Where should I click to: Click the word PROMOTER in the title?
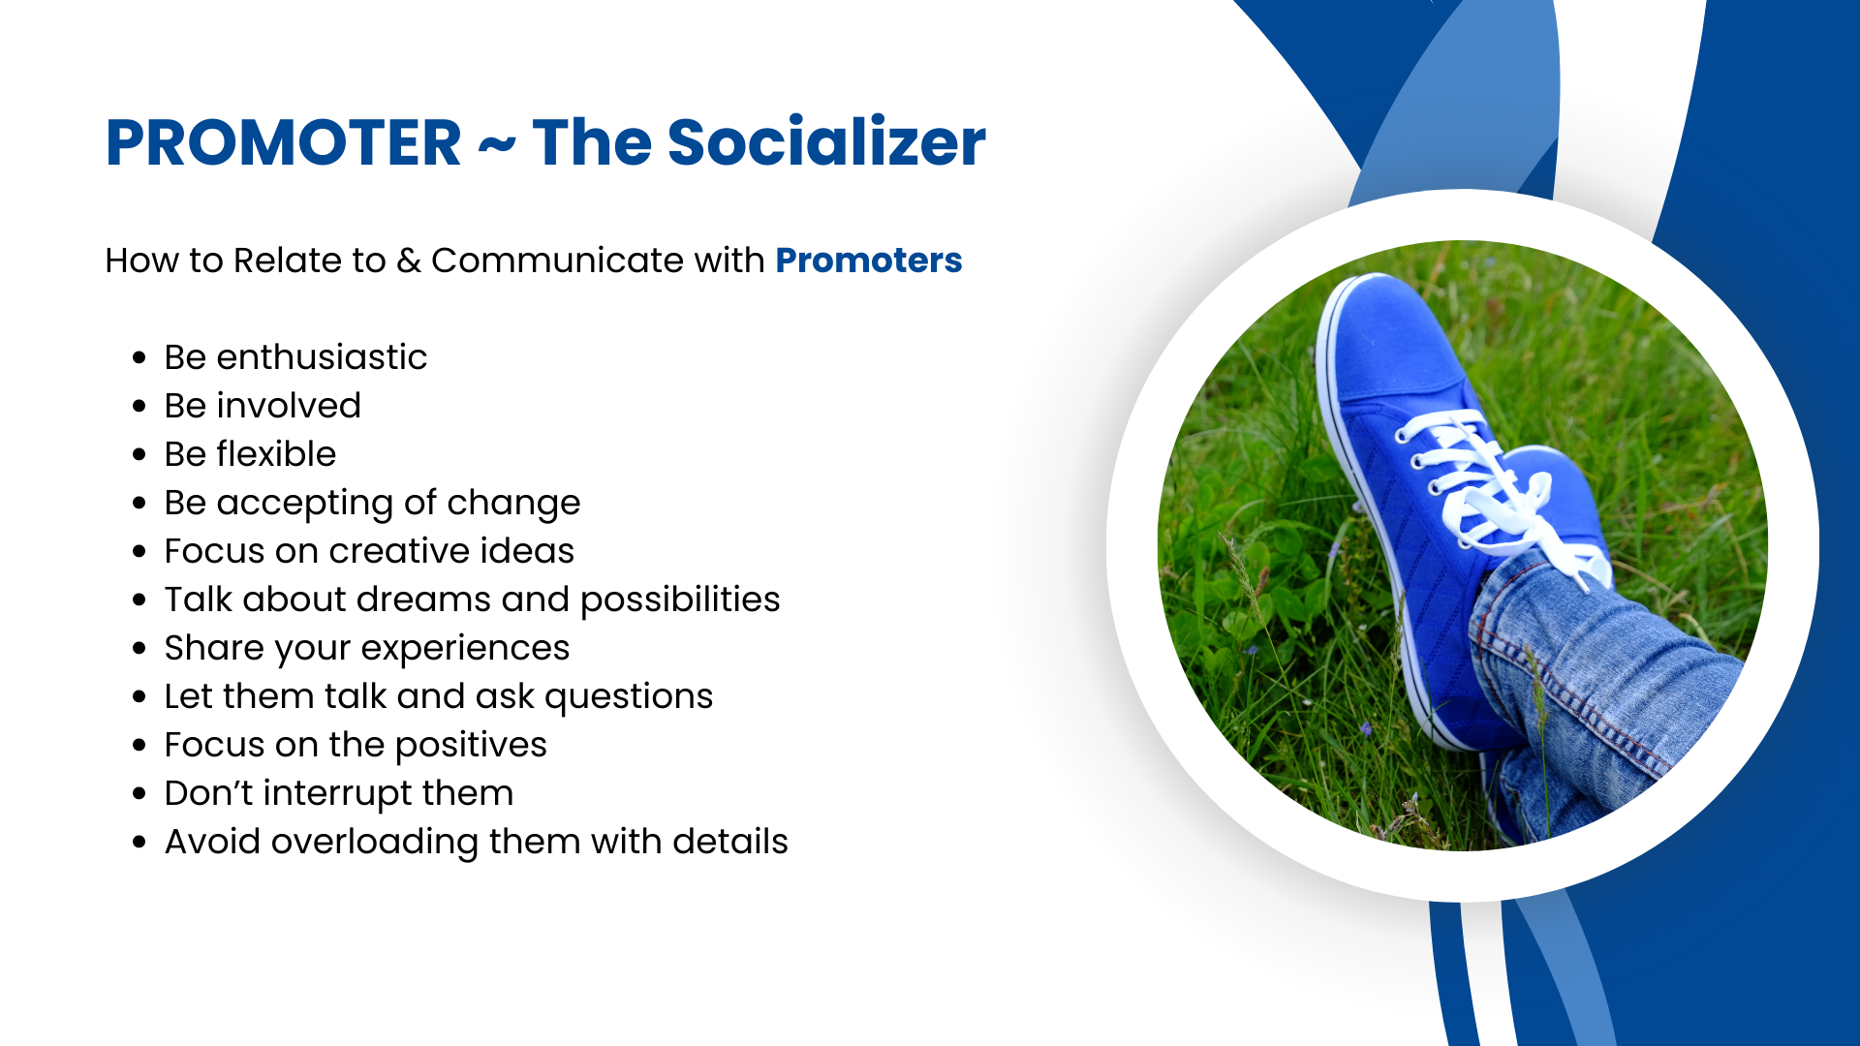(283, 142)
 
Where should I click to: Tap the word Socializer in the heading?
(826, 141)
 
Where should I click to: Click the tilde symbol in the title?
(497, 145)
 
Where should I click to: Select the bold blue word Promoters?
(869, 260)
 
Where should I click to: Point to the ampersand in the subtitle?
(409, 261)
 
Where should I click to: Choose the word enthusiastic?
(322, 356)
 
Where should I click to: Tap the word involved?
(289, 405)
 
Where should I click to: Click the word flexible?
(276, 453)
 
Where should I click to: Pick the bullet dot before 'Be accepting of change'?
(139, 503)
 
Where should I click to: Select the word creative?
(400, 550)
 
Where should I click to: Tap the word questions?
(629, 697)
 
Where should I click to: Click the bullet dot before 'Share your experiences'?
(139, 648)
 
